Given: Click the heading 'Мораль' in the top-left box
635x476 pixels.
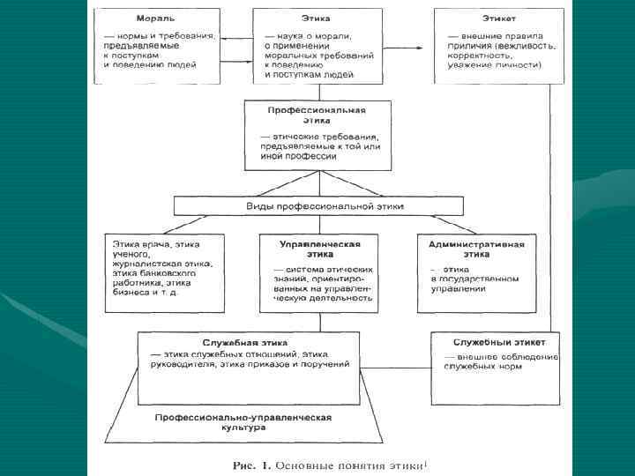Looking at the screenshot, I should click(x=154, y=18).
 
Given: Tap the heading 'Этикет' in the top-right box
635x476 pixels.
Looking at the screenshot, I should click(x=498, y=18).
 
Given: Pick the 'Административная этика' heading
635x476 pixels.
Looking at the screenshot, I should click(x=476, y=248).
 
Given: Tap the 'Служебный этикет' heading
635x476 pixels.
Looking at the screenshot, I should click(x=499, y=341).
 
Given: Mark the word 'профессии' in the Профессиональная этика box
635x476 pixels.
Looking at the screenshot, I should click(x=309, y=156).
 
